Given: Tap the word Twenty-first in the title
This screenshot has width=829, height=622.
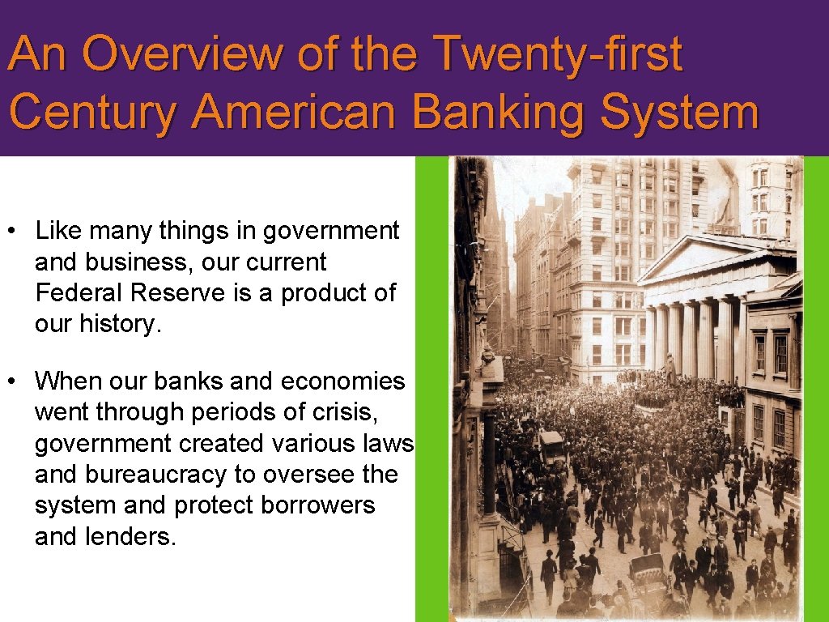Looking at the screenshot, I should tap(559, 54).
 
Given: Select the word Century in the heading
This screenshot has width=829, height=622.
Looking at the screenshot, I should tap(92, 113).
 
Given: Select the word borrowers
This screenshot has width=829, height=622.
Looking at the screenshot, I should tap(318, 505).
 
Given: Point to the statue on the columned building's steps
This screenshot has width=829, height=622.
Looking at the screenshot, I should tap(670, 369).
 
